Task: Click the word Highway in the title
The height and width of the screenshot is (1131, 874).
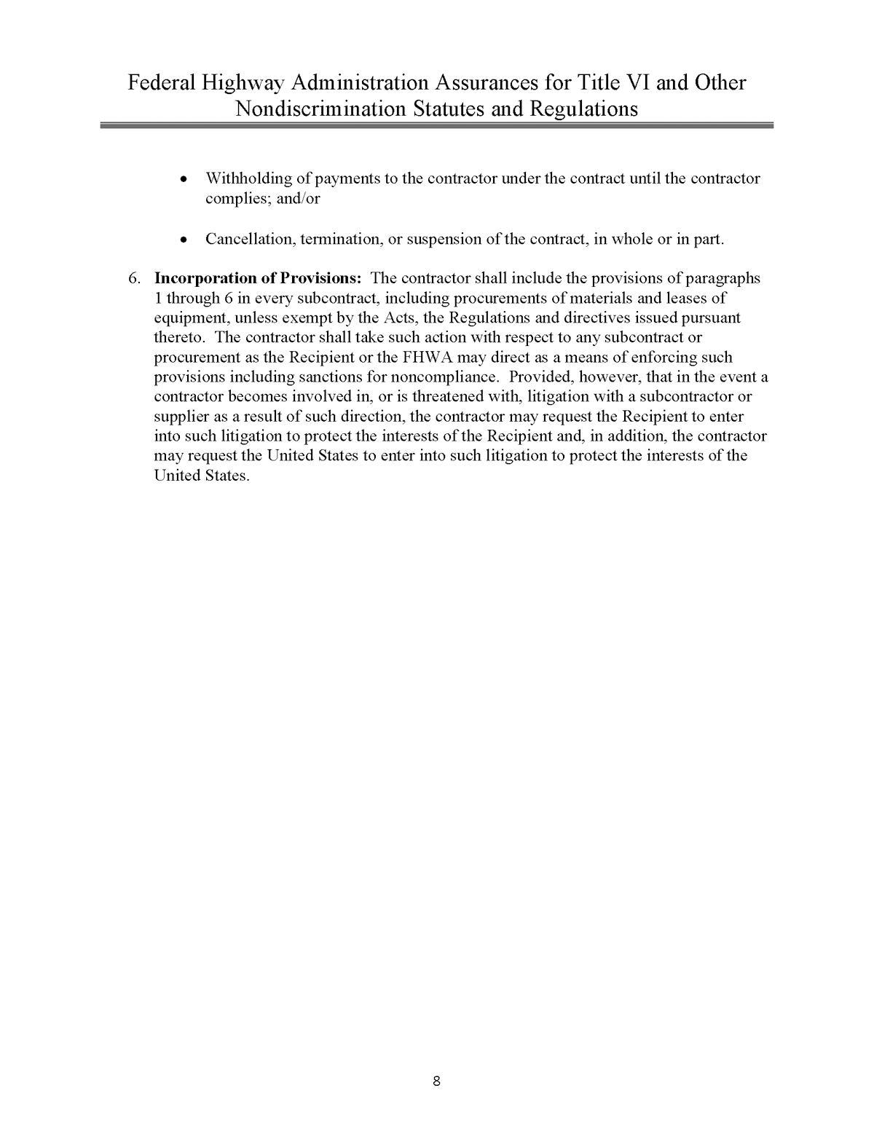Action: click(x=239, y=84)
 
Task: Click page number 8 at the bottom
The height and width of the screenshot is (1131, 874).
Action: click(x=436, y=1081)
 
